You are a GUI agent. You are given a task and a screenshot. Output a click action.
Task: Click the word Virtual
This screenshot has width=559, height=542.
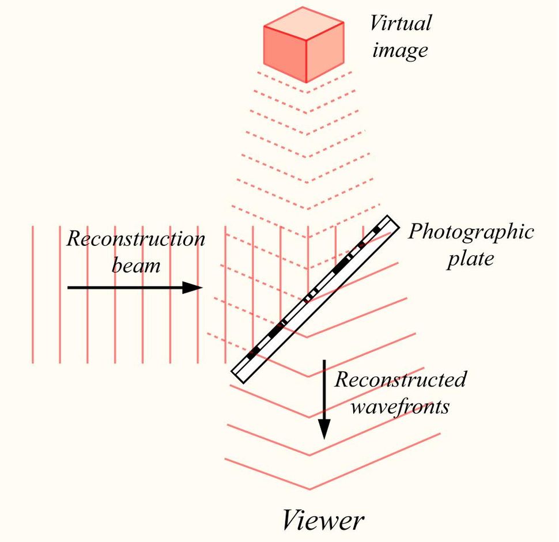[400, 24]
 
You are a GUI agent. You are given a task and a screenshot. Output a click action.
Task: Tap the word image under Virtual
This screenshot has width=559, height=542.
[400, 50]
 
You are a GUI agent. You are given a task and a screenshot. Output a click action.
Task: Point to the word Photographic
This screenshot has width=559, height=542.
[471, 232]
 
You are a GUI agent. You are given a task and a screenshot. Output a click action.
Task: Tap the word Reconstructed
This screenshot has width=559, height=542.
[401, 380]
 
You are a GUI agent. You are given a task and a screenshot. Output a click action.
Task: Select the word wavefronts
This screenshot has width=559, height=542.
[401, 406]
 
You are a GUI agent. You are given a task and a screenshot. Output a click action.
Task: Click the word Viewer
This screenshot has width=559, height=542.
[323, 521]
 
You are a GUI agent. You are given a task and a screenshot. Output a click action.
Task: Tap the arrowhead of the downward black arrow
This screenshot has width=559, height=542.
[324, 429]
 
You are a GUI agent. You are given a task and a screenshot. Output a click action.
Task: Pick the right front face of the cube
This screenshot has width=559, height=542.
[324, 52]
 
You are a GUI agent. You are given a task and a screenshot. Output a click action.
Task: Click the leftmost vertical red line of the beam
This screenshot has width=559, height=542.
[32, 294]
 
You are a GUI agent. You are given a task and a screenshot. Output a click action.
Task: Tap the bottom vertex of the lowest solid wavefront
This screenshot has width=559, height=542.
[310, 489]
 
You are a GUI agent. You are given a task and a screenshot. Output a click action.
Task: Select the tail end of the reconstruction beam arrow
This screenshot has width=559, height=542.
[69, 287]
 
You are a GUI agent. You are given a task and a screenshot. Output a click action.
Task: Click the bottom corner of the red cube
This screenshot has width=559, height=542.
[305, 82]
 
